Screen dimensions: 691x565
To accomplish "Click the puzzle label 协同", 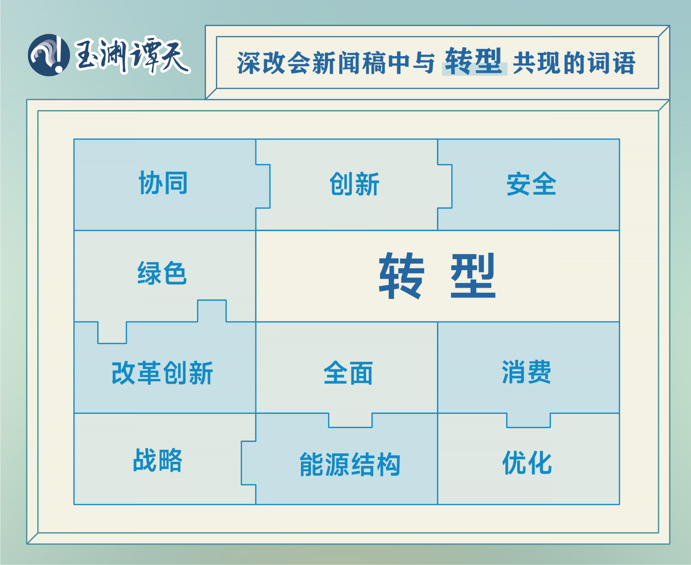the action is click(163, 183).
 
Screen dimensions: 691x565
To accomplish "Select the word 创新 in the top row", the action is click(354, 184).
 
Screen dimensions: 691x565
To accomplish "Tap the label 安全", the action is click(531, 184).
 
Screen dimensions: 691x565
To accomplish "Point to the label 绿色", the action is click(162, 273).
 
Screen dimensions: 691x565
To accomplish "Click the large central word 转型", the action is click(438, 276).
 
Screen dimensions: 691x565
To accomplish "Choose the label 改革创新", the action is click(162, 373).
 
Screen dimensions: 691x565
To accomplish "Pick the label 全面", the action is click(348, 373).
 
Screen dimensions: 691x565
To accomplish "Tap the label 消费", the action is click(526, 372).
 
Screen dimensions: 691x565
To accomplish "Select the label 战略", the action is click(158, 460).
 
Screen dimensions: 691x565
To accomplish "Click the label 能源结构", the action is click(350, 465).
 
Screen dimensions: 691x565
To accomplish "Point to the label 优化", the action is click(527, 462).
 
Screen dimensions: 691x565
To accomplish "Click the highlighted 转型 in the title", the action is click(474, 62).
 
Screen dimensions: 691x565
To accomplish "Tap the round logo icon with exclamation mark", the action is click(49, 55).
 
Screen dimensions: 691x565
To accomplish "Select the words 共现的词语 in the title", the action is click(574, 63).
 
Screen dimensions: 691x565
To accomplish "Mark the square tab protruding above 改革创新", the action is click(212, 311).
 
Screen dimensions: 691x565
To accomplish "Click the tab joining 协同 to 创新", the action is click(263, 186).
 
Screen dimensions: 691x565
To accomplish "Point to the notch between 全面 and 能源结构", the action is click(350, 420).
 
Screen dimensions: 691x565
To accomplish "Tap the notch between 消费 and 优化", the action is click(528, 420).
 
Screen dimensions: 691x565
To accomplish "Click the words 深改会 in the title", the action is click(274, 63).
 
